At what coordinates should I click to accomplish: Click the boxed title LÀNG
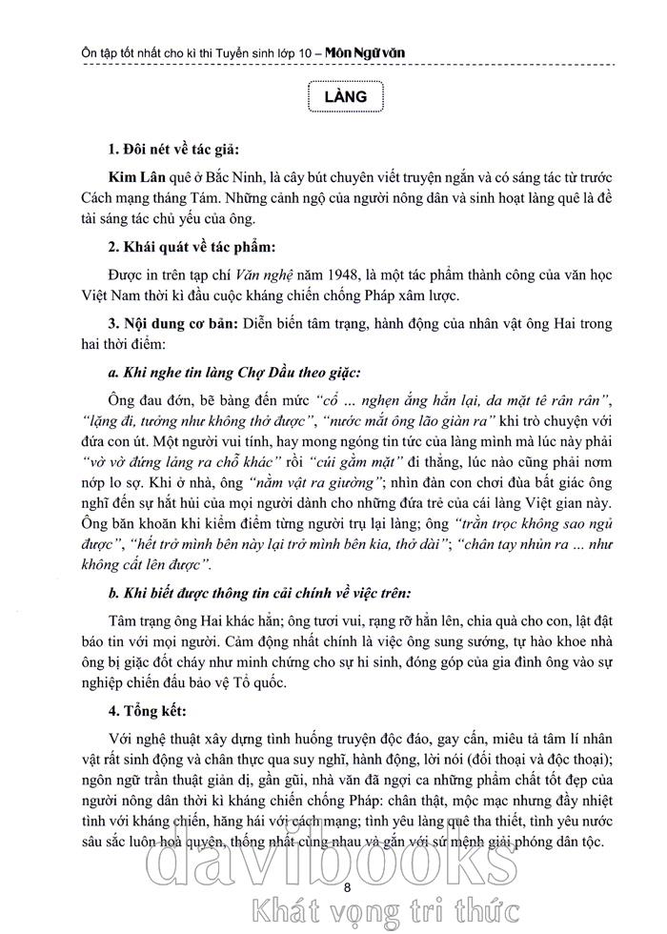coord(345,98)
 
